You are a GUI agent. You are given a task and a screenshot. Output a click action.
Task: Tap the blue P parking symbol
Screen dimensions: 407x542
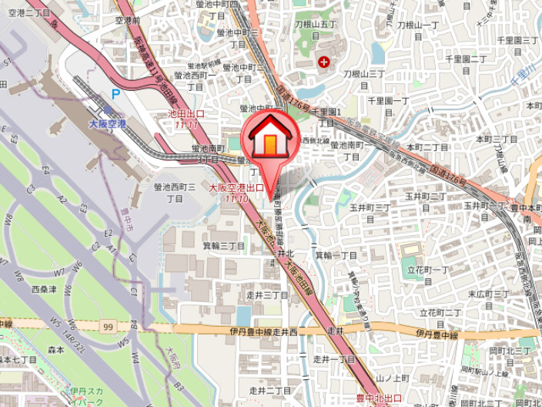[x=115, y=94]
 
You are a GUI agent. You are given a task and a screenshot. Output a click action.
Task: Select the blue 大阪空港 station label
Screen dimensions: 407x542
[x=107, y=123]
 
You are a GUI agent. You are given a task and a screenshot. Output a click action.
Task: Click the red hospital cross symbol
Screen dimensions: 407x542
[x=323, y=61]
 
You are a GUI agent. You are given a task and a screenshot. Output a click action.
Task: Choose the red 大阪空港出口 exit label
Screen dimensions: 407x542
[x=237, y=188]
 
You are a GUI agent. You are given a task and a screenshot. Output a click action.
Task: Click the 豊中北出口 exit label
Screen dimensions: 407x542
[x=379, y=398]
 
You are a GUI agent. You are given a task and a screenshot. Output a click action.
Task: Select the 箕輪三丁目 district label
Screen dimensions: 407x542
[x=223, y=246]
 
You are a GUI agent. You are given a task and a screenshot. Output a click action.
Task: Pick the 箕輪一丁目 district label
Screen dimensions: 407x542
[x=336, y=255]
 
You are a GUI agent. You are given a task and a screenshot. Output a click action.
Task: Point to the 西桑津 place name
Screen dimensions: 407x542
[x=45, y=289]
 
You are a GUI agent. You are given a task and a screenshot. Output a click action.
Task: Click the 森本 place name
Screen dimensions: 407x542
[x=55, y=348]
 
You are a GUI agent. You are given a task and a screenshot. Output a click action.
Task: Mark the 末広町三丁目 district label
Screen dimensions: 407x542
[x=489, y=294]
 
